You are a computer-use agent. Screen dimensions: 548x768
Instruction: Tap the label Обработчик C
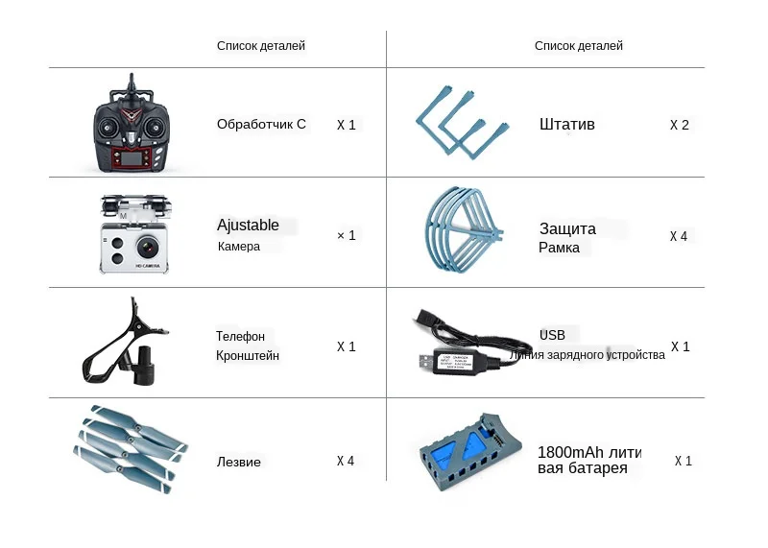261,124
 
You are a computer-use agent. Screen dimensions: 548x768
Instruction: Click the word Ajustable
248,226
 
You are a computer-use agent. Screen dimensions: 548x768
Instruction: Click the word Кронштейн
248,356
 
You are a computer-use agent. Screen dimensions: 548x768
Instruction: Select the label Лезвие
238,462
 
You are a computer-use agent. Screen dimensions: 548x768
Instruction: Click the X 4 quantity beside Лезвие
346,461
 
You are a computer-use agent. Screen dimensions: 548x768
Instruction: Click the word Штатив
567,125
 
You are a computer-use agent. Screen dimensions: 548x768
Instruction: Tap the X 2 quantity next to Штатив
679,125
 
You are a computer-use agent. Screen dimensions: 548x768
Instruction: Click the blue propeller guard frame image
464,231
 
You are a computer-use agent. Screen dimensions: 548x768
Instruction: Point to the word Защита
567,229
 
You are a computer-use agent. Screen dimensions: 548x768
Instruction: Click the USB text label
552,335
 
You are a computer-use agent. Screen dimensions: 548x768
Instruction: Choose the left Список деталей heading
261,45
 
